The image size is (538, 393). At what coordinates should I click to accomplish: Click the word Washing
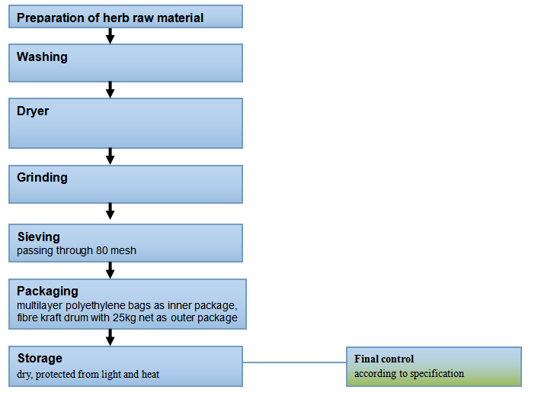tap(42, 57)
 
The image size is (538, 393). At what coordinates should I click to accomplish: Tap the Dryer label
tap(33, 111)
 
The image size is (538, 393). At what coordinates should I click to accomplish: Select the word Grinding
tap(42, 178)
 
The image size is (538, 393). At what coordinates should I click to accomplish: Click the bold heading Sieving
tap(39, 237)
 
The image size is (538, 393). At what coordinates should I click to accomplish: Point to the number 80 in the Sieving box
tap(102, 250)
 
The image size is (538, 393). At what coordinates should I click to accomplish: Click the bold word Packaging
tap(48, 292)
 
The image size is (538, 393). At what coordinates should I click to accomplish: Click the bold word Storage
tap(40, 359)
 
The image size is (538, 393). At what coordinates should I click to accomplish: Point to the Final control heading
tap(384, 359)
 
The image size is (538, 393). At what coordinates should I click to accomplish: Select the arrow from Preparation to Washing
tap(110, 36)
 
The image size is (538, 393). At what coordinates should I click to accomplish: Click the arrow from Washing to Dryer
tap(110, 89)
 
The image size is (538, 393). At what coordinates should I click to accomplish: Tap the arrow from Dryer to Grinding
tap(110, 156)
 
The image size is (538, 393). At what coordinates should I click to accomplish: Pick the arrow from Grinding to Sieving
tap(110, 211)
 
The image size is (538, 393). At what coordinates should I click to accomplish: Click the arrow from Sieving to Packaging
tap(110, 270)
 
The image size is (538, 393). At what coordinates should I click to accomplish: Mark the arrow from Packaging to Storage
tap(110, 337)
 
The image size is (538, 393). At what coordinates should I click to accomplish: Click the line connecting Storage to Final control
tap(294, 362)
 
